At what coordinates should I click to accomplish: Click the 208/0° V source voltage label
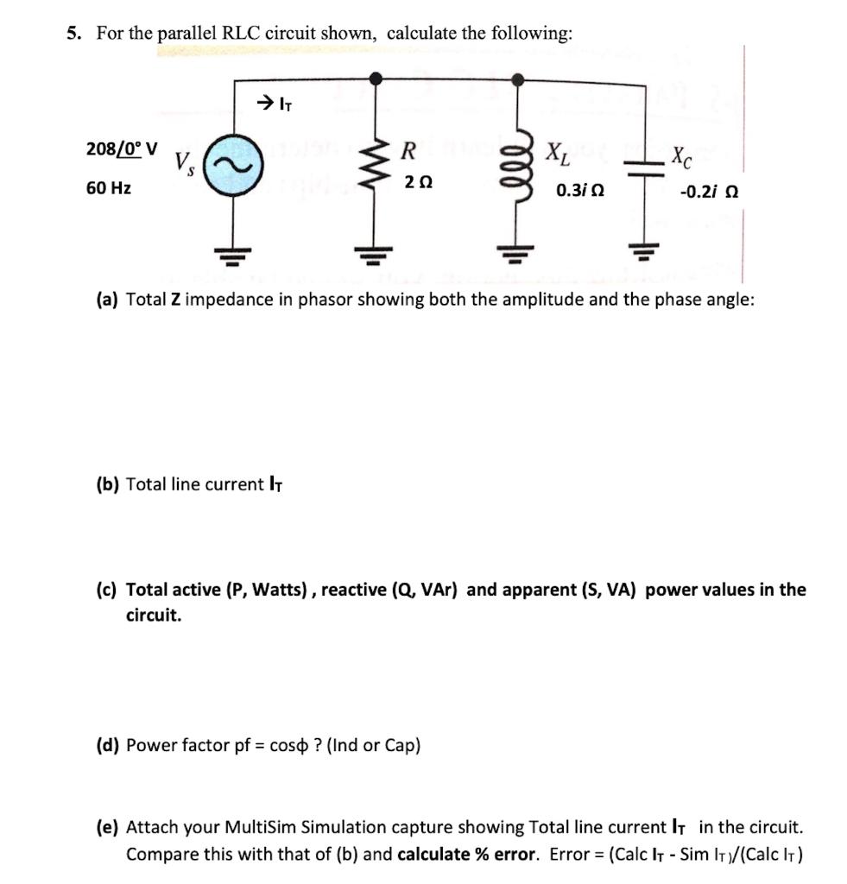tap(122, 148)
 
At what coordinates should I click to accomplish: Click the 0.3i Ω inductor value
tap(580, 190)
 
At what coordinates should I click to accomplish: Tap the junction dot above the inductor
tap(516, 79)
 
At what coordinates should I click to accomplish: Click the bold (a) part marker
tap(107, 300)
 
